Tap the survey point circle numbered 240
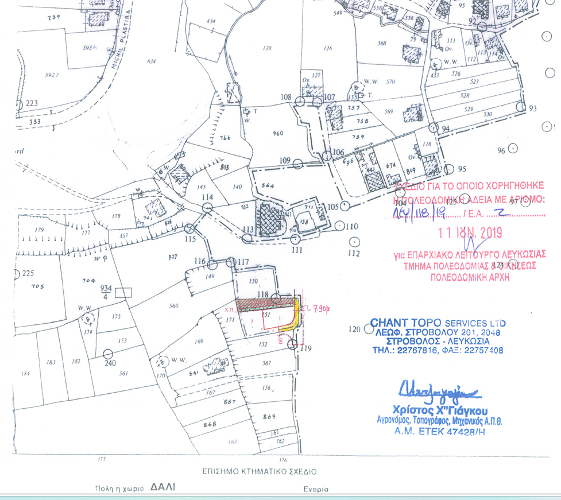point(108,354)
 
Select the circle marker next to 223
point(18,104)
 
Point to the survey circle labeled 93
point(520,107)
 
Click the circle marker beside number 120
point(367,330)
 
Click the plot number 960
point(278,134)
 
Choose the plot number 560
point(174,306)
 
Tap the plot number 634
point(152,61)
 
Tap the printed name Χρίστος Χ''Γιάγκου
point(439,410)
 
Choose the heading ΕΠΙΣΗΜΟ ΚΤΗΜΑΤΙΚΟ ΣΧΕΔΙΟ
point(258,472)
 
